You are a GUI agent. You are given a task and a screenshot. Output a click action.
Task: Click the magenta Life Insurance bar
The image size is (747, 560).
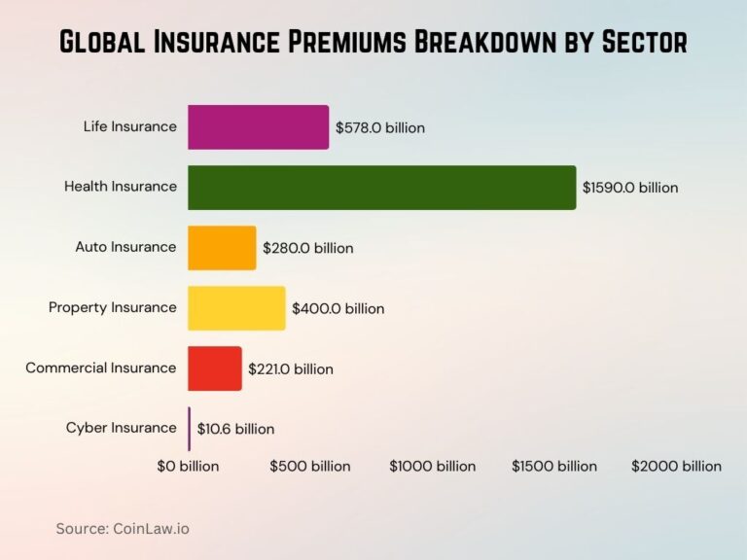[x=258, y=127]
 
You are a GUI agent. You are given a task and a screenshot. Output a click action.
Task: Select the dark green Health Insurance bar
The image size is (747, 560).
[x=381, y=188]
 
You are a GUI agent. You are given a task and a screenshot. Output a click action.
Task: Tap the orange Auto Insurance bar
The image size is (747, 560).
[x=222, y=248]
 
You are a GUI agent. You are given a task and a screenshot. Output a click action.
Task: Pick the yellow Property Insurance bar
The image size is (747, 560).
[x=236, y=308]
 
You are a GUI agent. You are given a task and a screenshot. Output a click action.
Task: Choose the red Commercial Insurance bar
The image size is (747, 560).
[x=214, y=368]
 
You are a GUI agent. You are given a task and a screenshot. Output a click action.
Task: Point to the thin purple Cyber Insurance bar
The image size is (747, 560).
[x=190, y=429]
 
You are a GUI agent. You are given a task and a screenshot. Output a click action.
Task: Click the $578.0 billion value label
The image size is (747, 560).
[x=380, y=127]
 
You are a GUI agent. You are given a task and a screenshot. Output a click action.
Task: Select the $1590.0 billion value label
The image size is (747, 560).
[x=630, y=188]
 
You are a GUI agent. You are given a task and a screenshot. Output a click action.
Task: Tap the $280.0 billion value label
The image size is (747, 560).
[x=308, y=248]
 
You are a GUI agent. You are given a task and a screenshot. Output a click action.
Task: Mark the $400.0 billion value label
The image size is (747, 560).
[x=338, y=308]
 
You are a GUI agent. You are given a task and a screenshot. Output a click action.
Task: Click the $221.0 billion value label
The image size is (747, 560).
[x=291, y=368]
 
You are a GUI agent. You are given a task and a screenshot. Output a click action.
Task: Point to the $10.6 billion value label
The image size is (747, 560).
[x=235, y=429]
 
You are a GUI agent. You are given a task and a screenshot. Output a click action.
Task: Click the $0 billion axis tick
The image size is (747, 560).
[x=188, y=466]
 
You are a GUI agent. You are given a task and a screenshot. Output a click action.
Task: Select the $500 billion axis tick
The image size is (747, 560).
[x=310, y=466]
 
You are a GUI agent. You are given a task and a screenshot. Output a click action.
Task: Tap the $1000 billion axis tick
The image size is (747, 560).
[x=433, y=466]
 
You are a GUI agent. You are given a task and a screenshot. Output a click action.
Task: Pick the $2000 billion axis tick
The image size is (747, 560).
[x=677, y=466]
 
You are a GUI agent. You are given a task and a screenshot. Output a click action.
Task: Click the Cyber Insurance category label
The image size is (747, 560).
[x=122, y=428]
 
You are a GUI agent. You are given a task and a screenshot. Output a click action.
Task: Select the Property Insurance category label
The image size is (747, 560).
[x=113, y=307]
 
